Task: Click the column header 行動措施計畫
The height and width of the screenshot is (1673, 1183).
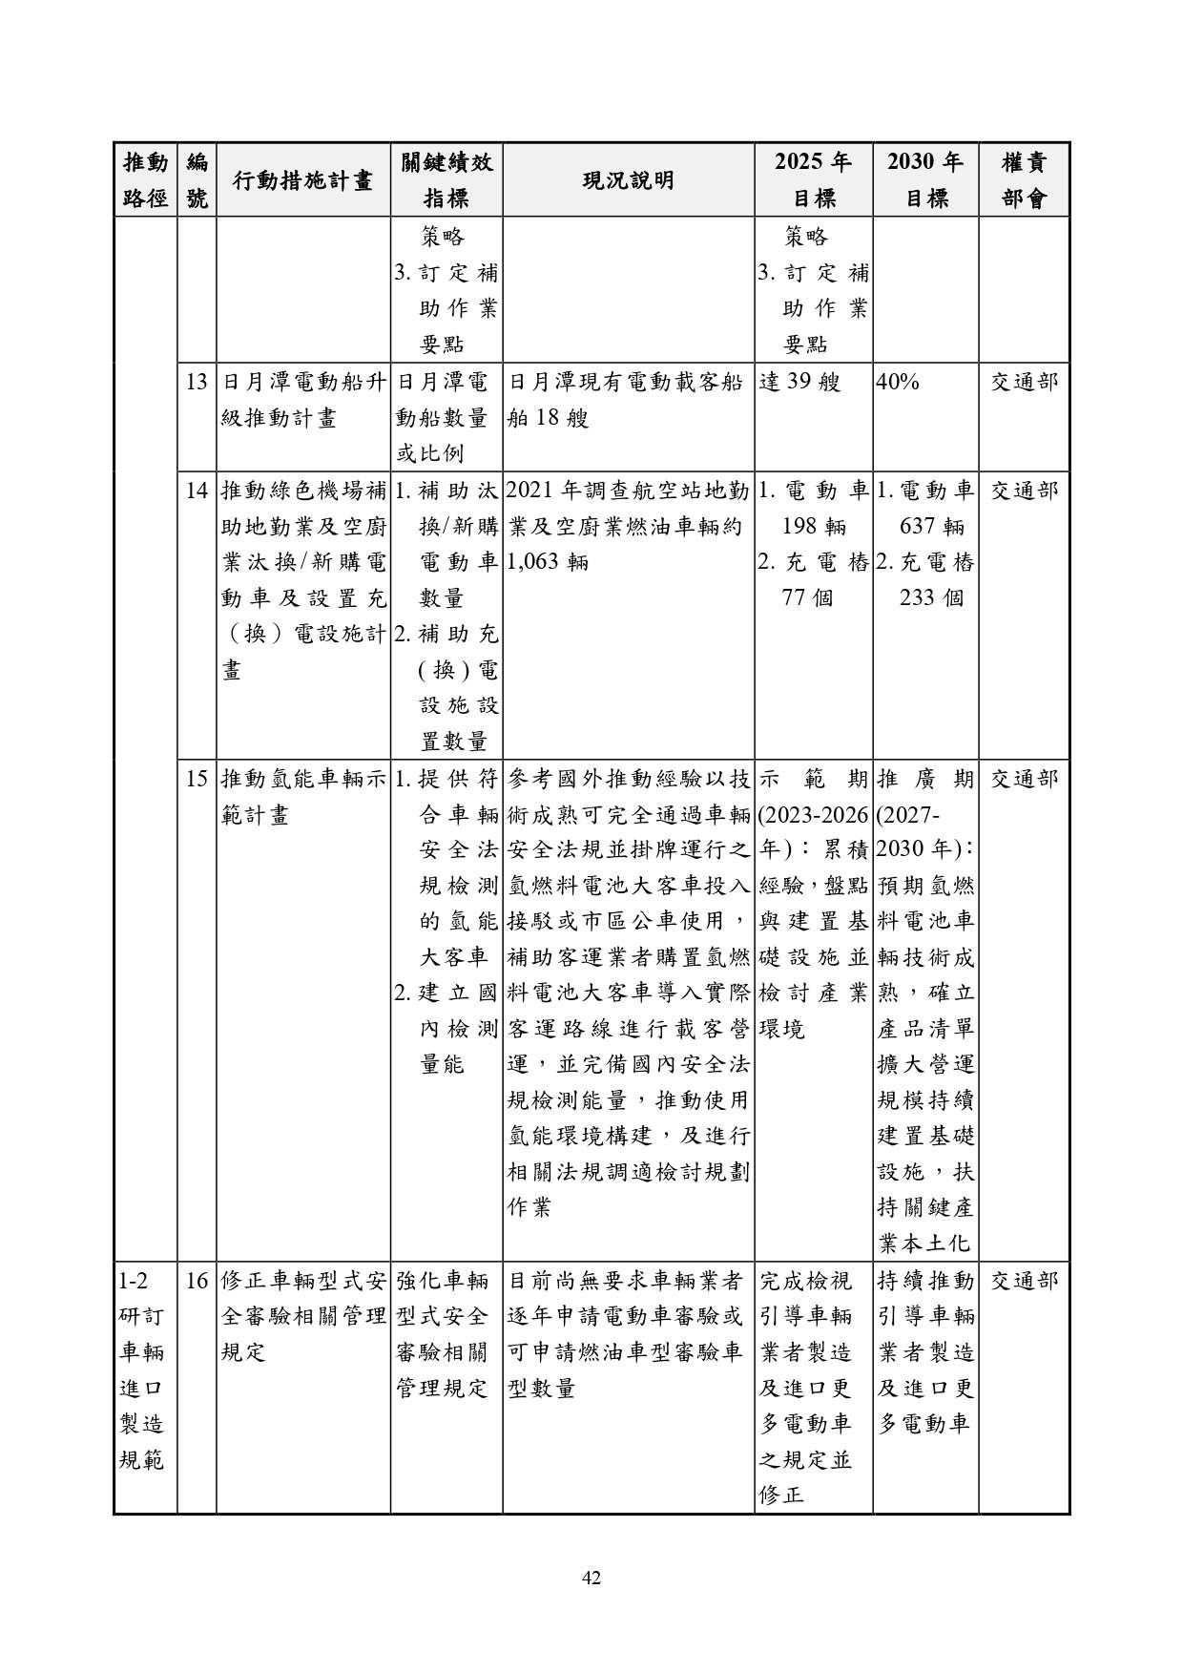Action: (302, 180)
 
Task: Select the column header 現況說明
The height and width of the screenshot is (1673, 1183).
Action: (628, 180)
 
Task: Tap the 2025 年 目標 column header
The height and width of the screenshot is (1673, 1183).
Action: (813, 180)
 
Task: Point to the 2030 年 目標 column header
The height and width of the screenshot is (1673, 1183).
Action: (924, 180)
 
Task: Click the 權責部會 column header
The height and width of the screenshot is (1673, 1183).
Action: (1024, 180)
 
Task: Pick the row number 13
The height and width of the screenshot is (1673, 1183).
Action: (197, 383)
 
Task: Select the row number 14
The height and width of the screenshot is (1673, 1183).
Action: (197, 491)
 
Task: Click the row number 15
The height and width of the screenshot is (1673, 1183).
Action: (197, 780)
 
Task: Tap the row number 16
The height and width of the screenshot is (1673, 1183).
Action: (197, 1281)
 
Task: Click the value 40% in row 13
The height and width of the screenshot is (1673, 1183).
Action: (898, 383)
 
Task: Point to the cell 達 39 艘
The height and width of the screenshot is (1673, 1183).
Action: (799, 383)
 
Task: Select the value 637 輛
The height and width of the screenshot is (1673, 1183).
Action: (931, 527)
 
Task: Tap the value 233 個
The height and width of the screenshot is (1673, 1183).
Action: (931, 598)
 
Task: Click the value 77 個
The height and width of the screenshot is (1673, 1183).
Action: (807, 598)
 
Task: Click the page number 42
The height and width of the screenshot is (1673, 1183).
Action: (591, 1579)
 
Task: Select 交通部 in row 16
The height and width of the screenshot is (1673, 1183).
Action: (1024, 1281)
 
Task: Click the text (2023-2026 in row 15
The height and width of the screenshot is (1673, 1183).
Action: (813, 816)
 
